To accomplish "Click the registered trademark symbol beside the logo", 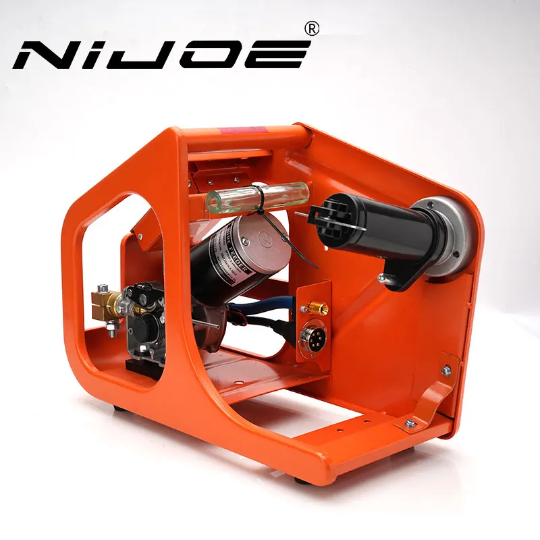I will (311, 28).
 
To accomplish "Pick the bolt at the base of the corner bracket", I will (410, 424).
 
